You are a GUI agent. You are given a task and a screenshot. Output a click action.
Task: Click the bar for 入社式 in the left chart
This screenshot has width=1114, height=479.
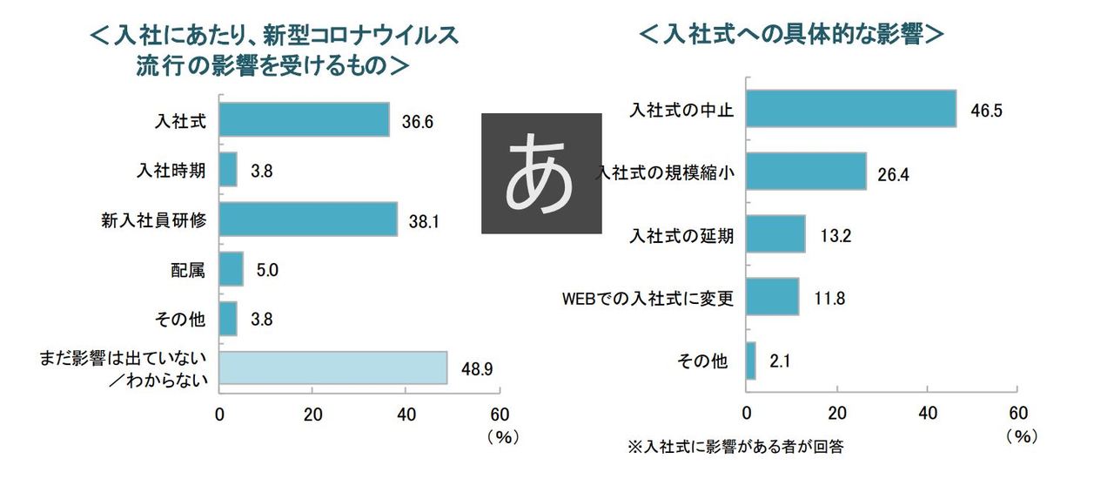coord(304,119)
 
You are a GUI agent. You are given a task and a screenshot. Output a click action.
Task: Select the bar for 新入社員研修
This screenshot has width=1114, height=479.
coord(308,219)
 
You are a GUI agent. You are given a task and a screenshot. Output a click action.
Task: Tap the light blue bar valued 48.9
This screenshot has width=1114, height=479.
coord(332,368)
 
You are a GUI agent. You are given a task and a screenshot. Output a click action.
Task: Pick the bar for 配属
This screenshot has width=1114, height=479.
coord(231,269)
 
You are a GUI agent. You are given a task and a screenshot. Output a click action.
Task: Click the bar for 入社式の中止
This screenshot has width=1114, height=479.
coord(851,109)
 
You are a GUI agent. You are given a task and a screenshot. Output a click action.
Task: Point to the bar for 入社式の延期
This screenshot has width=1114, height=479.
coord(775,234)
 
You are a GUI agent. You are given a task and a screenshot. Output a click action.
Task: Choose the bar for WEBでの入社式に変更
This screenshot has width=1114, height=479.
coord(772,297)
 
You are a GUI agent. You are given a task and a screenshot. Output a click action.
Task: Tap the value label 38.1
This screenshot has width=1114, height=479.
coord(423,221)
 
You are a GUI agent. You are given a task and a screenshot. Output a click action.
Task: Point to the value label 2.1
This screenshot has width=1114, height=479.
coord(780,360)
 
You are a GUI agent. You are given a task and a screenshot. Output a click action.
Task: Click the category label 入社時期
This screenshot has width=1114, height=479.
coord(172,170)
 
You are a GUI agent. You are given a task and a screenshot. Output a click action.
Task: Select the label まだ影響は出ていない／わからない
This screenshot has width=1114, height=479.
coord(122,368)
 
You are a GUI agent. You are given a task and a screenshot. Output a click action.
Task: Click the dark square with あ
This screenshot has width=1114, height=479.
coord(541,173)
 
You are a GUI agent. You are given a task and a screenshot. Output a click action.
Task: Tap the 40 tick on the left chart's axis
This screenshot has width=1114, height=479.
coord(406,414)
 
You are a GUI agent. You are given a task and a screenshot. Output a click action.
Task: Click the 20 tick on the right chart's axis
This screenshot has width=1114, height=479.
coord(837,412)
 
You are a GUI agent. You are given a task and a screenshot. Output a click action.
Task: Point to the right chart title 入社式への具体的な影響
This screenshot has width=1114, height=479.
coord(792,35)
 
